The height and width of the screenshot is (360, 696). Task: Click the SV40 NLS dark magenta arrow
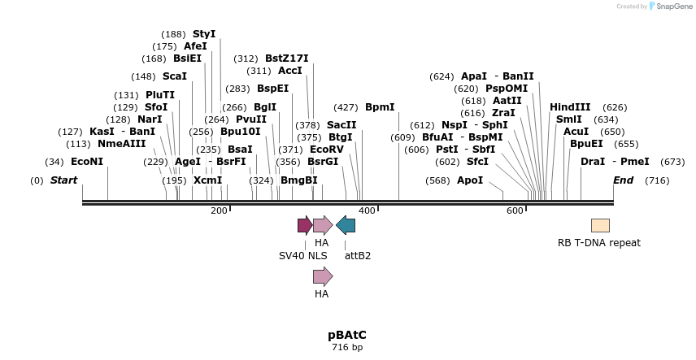pos(305,225)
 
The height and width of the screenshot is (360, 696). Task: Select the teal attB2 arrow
pos(346,225)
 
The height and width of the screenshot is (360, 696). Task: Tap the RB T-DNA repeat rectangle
pos(600,225)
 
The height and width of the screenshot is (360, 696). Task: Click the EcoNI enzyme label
pos(87,162)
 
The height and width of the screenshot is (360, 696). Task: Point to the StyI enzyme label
pos(204,34)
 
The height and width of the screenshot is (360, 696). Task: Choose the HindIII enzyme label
pos(570,107)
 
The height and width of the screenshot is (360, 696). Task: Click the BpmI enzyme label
pos(380,107)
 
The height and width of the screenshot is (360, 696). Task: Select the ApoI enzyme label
pos(470,180)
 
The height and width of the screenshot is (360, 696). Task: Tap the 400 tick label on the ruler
pos(367,211)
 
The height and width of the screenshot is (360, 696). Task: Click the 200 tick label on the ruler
pos(219,211)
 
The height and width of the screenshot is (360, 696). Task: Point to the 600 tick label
pos(515,211)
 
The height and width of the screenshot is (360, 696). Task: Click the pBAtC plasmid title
pos(347,335)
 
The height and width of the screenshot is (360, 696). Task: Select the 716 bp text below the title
pos(347,348)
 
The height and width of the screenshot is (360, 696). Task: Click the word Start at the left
pos(64,180)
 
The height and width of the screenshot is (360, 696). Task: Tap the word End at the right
pos(623,180)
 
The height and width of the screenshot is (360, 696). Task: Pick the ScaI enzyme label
pos(175,76)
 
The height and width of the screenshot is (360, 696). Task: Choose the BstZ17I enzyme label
pos(287,59)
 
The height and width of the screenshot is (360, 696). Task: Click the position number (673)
pos(673,162)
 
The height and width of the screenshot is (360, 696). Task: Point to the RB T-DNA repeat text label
pos(599,243)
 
